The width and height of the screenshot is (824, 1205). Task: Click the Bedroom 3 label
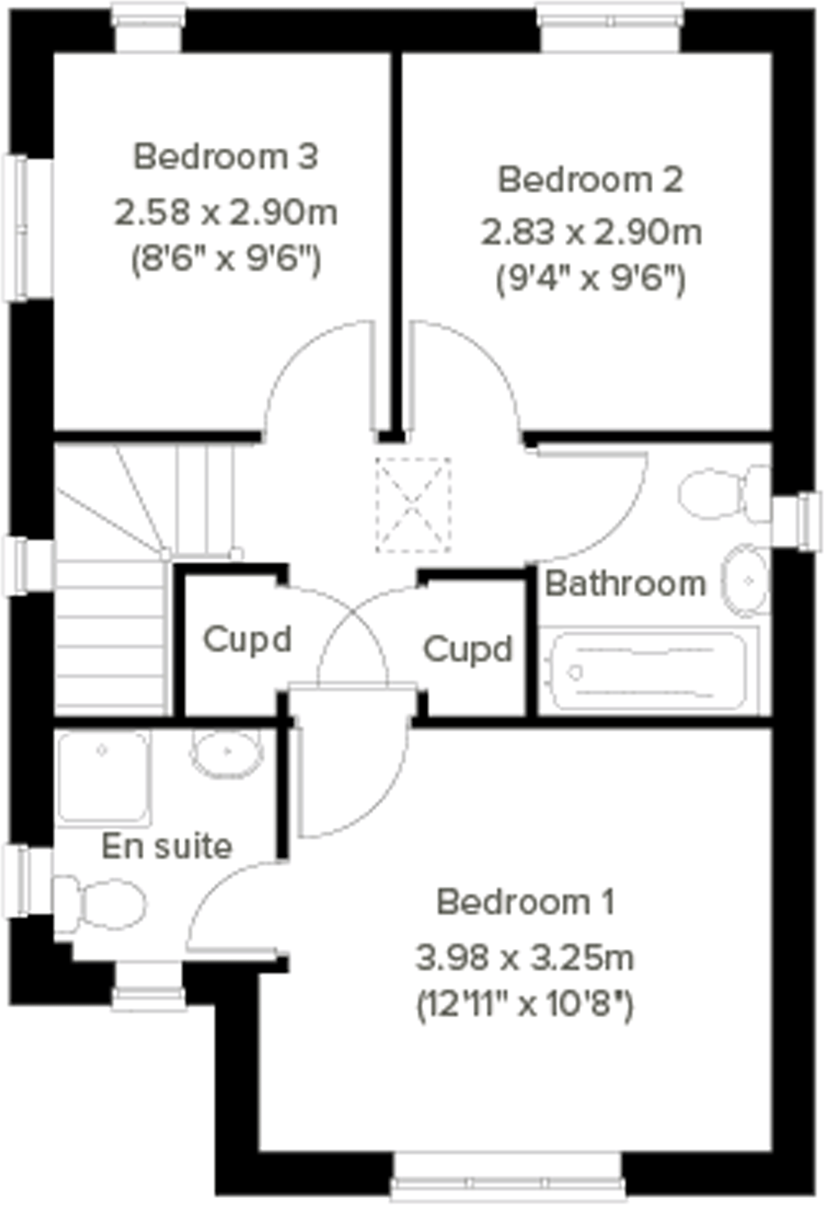[225, 156]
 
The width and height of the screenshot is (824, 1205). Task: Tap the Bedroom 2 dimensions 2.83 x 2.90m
[591, 232]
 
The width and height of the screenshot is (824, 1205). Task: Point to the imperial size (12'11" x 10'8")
[525, 1004]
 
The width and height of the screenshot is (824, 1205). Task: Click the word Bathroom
[625, 583]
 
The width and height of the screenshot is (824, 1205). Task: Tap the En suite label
[167, 847]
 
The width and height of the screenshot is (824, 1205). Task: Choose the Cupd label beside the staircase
[247, 639]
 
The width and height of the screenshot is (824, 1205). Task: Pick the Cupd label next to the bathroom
[467, 649]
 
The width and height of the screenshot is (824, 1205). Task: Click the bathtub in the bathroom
[649, 671]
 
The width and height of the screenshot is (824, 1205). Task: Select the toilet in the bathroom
[722, 494]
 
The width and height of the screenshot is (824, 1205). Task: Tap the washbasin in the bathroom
[746, 580]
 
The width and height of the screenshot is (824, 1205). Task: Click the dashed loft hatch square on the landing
[413, 505]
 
